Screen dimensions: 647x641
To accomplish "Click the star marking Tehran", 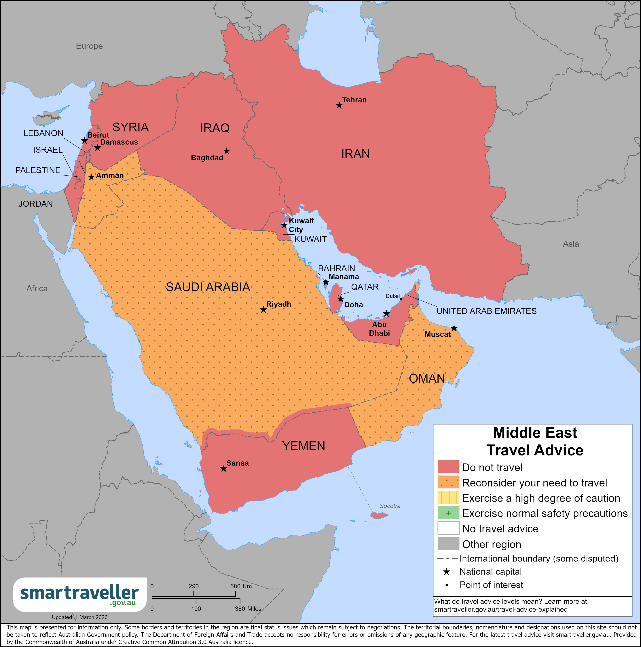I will (x=339, y=106).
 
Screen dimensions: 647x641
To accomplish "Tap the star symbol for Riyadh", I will (x=263, y=310).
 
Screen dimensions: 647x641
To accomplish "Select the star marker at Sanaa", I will (x=223, y=469).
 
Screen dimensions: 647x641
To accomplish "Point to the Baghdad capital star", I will (x=227, y=151).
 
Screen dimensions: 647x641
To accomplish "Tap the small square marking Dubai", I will (x=401, y=299).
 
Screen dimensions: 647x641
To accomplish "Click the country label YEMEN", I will (x=304, y=446).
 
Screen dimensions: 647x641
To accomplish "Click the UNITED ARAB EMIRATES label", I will (x=486, y=311).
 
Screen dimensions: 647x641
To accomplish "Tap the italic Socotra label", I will (x=390, y=506).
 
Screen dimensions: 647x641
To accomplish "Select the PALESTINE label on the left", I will (x=38, y=170).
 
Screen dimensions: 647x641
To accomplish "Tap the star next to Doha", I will (x=340, y=299).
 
